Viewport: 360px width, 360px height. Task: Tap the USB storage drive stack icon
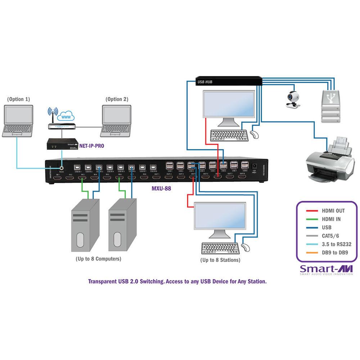pyautogui.click(x=331, y=106)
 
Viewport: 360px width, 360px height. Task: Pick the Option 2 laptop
pyautogui.click(x=116, y=121)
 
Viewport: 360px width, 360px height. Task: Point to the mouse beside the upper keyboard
pyautogui.click(x=254, y=135)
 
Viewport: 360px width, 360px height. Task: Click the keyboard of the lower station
pyautogui.click(x=220, y=248)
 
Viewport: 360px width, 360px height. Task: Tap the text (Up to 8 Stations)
pyautogui.click(x=220, y=260)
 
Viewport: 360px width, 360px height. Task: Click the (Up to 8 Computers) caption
pyautogui.click(x=98, y=258)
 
